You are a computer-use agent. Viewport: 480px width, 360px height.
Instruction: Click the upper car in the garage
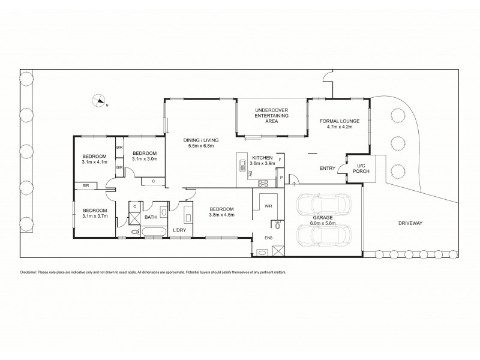tap(323, 206)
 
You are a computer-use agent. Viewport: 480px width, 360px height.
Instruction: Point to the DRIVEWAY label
tap(410, 223)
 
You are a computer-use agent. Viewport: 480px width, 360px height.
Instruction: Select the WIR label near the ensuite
tap(268, 206)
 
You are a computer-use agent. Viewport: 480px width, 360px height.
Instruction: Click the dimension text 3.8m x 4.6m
tap(222, 215)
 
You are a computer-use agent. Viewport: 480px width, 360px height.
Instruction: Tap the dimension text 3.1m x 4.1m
tap(94, 161)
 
